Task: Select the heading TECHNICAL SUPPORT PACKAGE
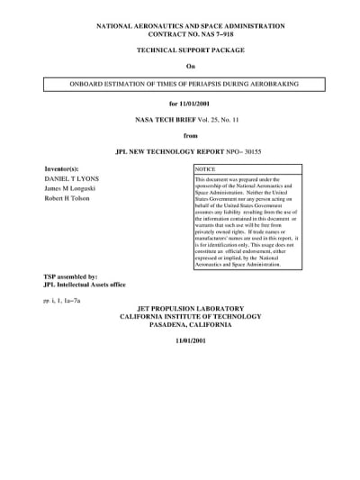(x=179, y=53)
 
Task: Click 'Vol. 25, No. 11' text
(x=202, y=120)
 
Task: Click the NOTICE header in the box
(x=206, y=169)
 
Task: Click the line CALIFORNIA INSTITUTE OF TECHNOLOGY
(x=179, y=317)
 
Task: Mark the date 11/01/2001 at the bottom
(x=179, y=343)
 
